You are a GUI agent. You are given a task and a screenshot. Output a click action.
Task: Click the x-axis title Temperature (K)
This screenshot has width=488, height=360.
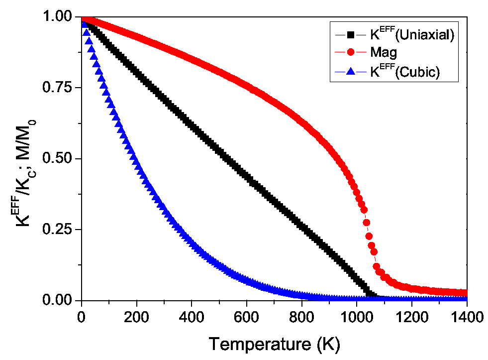[274, 344]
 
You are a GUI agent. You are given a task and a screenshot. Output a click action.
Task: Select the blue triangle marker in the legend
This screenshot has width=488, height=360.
[351, 71]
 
